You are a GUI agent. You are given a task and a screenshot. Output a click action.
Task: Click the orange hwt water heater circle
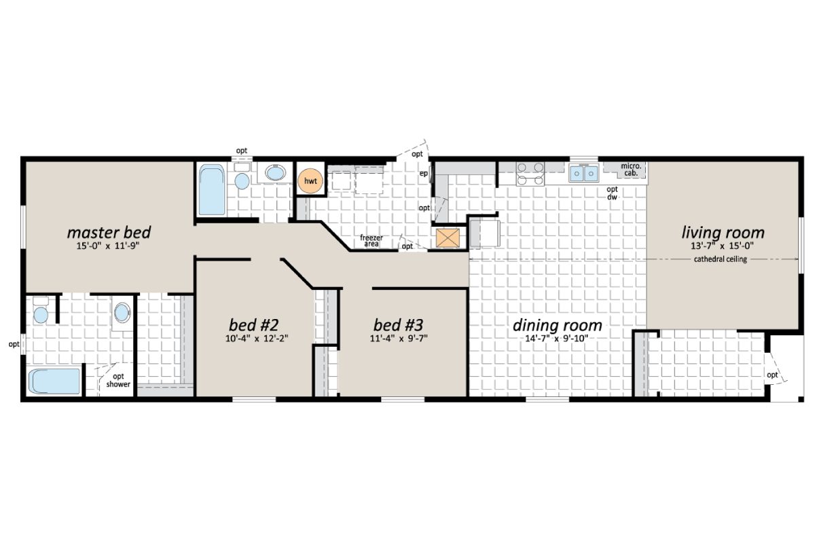(310, 181)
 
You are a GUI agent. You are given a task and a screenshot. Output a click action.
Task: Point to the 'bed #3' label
(400, 323)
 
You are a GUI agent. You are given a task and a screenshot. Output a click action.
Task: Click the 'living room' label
(723, 233)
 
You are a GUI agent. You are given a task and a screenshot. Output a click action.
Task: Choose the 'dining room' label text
(557, 324)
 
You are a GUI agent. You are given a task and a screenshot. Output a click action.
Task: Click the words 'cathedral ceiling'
(720, 259)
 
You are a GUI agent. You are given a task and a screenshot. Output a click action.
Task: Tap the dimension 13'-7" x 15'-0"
(723, 246)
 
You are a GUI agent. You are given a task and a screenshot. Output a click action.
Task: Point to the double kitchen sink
(583, 174)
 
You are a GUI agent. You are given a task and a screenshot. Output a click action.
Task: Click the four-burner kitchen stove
(529, 174)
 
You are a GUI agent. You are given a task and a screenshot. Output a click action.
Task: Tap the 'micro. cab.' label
(631, 170)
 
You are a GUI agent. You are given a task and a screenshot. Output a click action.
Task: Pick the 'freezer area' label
(372, 240)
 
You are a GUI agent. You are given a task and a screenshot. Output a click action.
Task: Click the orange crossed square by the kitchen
(448, 238)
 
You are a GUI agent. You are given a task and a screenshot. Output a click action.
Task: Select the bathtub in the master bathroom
(55, 380)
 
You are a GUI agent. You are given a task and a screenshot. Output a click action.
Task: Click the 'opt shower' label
(118, 381)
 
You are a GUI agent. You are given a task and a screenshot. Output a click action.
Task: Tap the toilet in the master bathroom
(41, 313)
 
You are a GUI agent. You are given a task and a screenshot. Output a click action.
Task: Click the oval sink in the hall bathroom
(276, 173)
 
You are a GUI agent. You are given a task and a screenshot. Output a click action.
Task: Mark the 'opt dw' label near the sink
(612, 193)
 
